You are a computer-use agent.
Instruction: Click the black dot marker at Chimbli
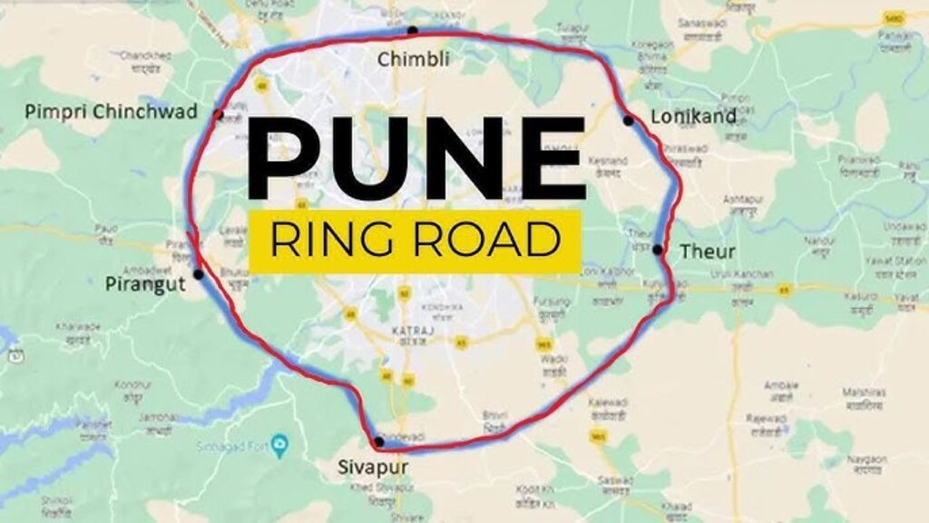click(x=413, y=30)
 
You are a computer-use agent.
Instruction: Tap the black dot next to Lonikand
click(x=628, y=120)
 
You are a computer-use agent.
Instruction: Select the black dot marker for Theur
click(x=657, y=249)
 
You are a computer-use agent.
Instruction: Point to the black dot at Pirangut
click(x=198, y=273)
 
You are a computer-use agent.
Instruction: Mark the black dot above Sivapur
click(x=378, y=441)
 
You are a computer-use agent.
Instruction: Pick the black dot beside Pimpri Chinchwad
click(x=219, y=114)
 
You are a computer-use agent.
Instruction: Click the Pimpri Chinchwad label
click(x=111, y=112)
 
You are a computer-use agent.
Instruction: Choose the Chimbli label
click(x=414, y=60)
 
